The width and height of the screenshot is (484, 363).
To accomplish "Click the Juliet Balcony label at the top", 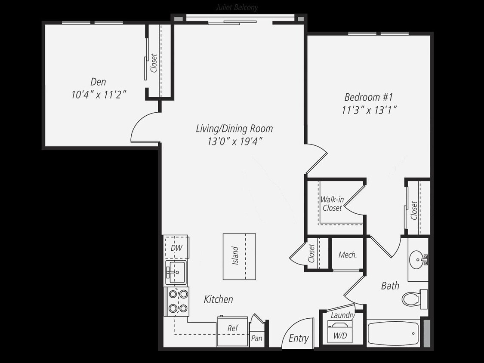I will pos(236,8).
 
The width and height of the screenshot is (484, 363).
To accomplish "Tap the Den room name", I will pos(98,82).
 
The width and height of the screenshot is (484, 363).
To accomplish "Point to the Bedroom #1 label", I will pos(369,97).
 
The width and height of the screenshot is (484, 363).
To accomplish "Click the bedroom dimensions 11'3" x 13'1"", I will pos(369,110).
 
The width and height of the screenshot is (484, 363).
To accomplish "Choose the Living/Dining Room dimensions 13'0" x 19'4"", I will pos(234,141).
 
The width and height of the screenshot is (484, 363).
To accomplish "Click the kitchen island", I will pos(239,256).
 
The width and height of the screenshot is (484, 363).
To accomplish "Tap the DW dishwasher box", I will pos(176,248).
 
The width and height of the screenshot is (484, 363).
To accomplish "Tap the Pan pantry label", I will pos(256,338).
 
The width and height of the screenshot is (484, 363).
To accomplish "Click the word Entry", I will pos(299,338).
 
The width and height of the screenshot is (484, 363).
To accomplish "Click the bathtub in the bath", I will pos(393,333).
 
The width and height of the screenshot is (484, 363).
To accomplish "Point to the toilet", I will pos(413,298).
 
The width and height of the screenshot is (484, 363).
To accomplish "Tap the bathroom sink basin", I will pos(416,259).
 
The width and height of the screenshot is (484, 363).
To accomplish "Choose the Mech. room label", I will pos(348,255).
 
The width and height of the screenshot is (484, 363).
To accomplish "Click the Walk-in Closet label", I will pos(332,204).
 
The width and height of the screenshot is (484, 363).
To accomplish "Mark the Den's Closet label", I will pos(154,63).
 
